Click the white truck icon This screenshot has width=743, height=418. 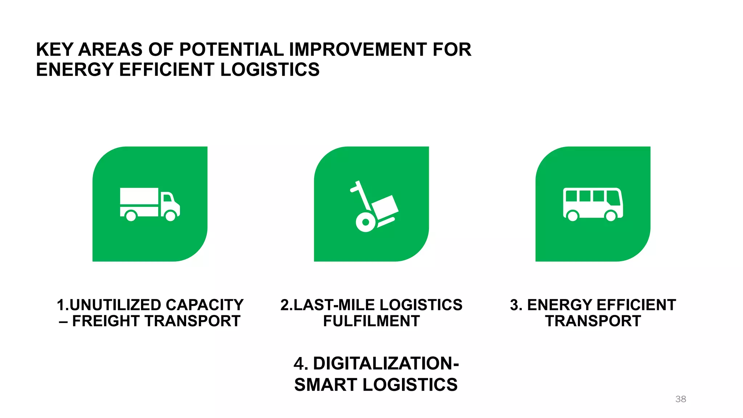tap(149, 204)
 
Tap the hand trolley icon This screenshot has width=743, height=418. tap(374, 207)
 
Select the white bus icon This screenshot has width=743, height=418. tap(593, 204)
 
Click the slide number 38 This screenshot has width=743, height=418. tap(681, 399)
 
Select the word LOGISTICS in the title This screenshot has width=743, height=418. tap(270, 70)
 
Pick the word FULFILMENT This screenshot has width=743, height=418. tap(371, 321)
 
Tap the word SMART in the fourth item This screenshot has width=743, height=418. tap(325, 385)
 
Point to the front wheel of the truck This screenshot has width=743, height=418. tap(171, 216)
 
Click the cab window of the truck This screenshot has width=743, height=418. tap(167, 198)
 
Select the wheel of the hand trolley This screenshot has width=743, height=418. tap(365, 222)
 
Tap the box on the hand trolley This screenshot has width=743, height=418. tap(385, 206)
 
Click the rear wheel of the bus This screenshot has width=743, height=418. tap(572, 216)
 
